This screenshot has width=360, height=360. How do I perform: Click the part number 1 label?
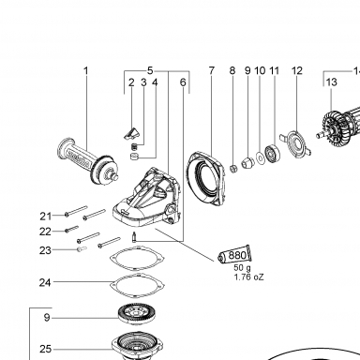86,70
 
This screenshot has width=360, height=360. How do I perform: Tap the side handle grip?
88,162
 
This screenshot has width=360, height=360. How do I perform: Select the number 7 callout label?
212,70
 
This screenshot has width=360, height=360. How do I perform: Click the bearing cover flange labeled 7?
206,178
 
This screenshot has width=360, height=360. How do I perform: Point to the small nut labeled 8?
232,169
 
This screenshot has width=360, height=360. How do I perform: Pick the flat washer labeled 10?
260,158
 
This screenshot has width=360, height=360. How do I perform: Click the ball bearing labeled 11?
272,154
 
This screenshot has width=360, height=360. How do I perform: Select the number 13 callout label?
332,82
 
